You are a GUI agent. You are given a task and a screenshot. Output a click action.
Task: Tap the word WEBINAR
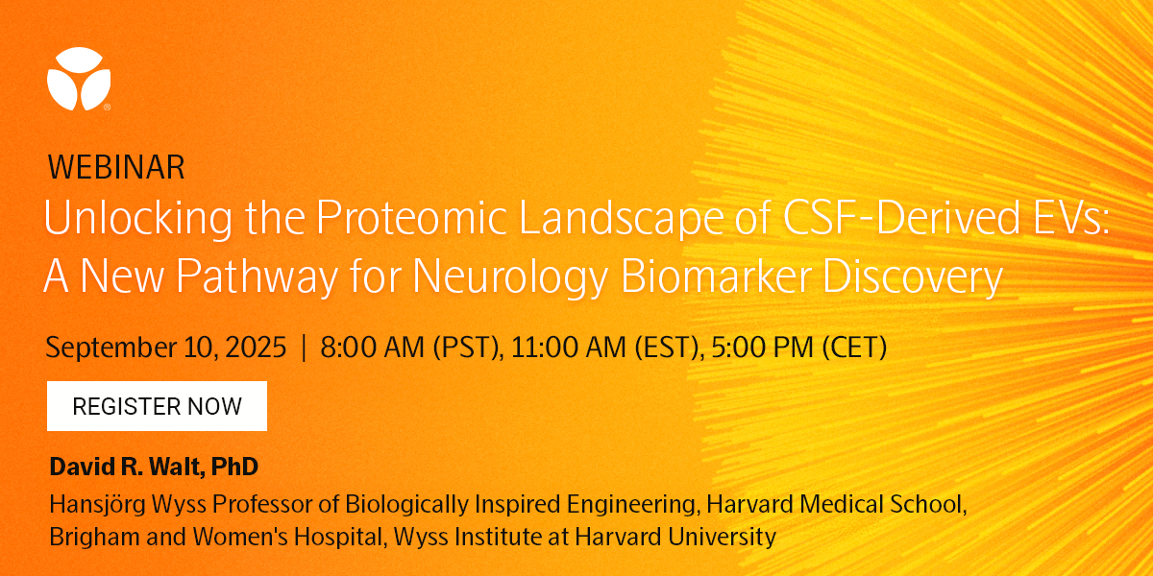tap(116, 168)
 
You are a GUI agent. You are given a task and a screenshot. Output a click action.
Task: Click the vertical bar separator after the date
tap(304, 348)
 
